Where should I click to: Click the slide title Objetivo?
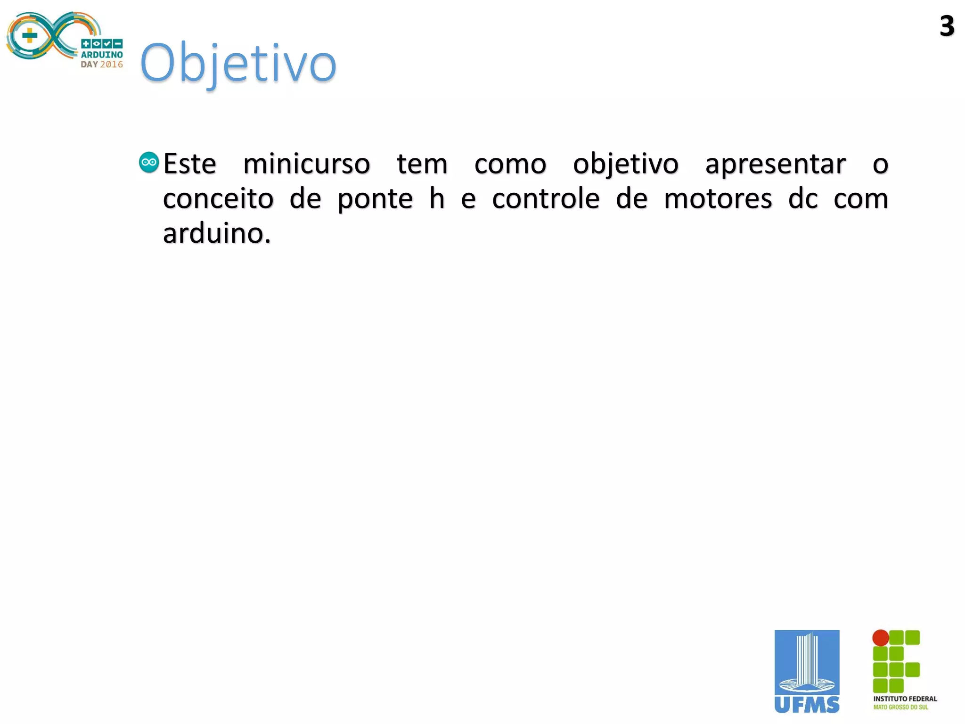tap(238, 63)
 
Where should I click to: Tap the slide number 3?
tap(947, 26)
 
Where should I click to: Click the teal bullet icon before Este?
tap(149, 163)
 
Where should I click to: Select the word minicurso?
tap(306, 164)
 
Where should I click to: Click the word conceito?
tap(218, 198)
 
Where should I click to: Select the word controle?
tap(546, 198)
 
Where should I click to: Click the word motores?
tap(718, 199)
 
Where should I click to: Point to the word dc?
tap(803, 198)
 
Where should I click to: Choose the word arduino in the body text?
tap(216, 233)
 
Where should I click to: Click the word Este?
tap(189, 164)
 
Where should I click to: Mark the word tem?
tap(422, 164)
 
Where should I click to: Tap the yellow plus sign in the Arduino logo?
tap(30, 36)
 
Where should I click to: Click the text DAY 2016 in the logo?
tap(102, 65)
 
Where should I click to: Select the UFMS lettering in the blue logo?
tap(807, 705)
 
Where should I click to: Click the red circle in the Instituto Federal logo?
tap(880, 638)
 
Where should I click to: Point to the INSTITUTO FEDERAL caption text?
tap(905, 699)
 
